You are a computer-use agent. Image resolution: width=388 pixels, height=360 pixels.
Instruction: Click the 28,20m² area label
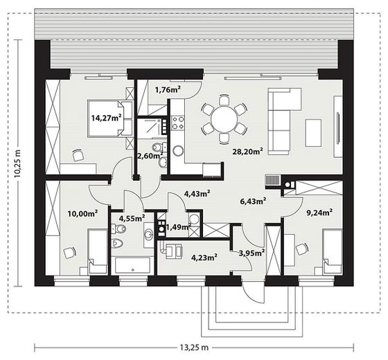[247, 152]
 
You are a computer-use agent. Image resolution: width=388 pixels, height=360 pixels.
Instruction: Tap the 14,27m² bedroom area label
[107, 118]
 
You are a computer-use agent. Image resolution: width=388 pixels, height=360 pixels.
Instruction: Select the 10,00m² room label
[83, 213]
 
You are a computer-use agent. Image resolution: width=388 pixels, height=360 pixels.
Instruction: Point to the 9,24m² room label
[319, 213]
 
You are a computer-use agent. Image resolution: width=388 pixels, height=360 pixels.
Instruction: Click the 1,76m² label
[168, 89]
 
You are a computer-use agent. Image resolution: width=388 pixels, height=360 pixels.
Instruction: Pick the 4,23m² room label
[204, 258]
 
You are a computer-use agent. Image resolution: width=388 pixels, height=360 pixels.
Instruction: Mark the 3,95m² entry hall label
[252, 253]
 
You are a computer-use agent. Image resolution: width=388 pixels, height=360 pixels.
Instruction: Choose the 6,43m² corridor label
[253, 201]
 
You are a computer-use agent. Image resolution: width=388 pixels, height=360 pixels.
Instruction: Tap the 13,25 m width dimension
[194, 348]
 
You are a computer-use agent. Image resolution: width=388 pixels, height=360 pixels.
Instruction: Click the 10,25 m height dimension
[18, 163]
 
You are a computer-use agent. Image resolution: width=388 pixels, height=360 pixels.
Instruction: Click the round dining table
[224, 119]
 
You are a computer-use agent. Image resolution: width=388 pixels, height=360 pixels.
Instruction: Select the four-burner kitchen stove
[178, 123]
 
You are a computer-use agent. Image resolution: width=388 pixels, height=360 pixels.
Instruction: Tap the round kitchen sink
[178, 150]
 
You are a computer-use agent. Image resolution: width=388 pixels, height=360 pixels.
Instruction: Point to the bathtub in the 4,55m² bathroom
[133, 265]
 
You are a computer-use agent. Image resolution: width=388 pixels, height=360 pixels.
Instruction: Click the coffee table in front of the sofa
[313, 133]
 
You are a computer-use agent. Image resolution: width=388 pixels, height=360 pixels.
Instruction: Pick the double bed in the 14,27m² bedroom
[110, 118]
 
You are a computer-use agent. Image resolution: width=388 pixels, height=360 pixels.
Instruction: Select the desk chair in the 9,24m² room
[302, 249]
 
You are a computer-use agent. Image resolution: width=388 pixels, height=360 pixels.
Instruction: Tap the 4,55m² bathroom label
[132, 218]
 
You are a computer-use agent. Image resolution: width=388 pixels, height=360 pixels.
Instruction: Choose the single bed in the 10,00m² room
[98, 251]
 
